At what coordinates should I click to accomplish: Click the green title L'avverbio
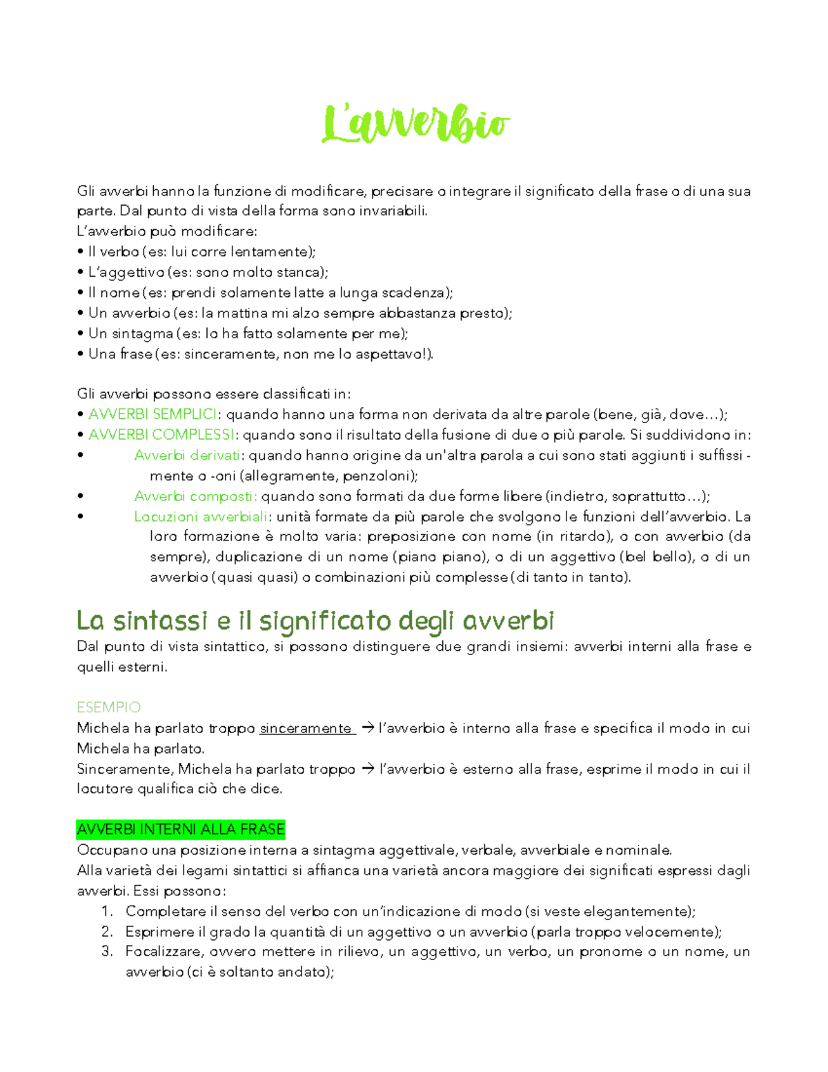(x=415, y=125)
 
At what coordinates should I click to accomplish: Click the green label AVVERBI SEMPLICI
(x=152, y=414)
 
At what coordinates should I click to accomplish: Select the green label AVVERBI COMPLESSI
(x=161, y=435)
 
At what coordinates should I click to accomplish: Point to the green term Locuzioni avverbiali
(x=201, y=516)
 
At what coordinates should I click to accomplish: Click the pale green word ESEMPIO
(x=108, y=707)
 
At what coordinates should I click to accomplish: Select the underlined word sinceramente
(x=306, y=728)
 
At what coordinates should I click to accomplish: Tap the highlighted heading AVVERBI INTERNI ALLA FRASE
(x=181, y=829)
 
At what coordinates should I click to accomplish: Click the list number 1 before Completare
(x=106, y=911)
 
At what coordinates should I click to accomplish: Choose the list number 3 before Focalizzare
(x=106, y=952)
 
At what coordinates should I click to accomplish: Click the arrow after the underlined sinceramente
(x=367, y=728)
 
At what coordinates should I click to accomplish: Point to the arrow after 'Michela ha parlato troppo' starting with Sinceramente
(x=368, y=768)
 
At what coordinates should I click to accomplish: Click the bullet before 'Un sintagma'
(x=81, y=333)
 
